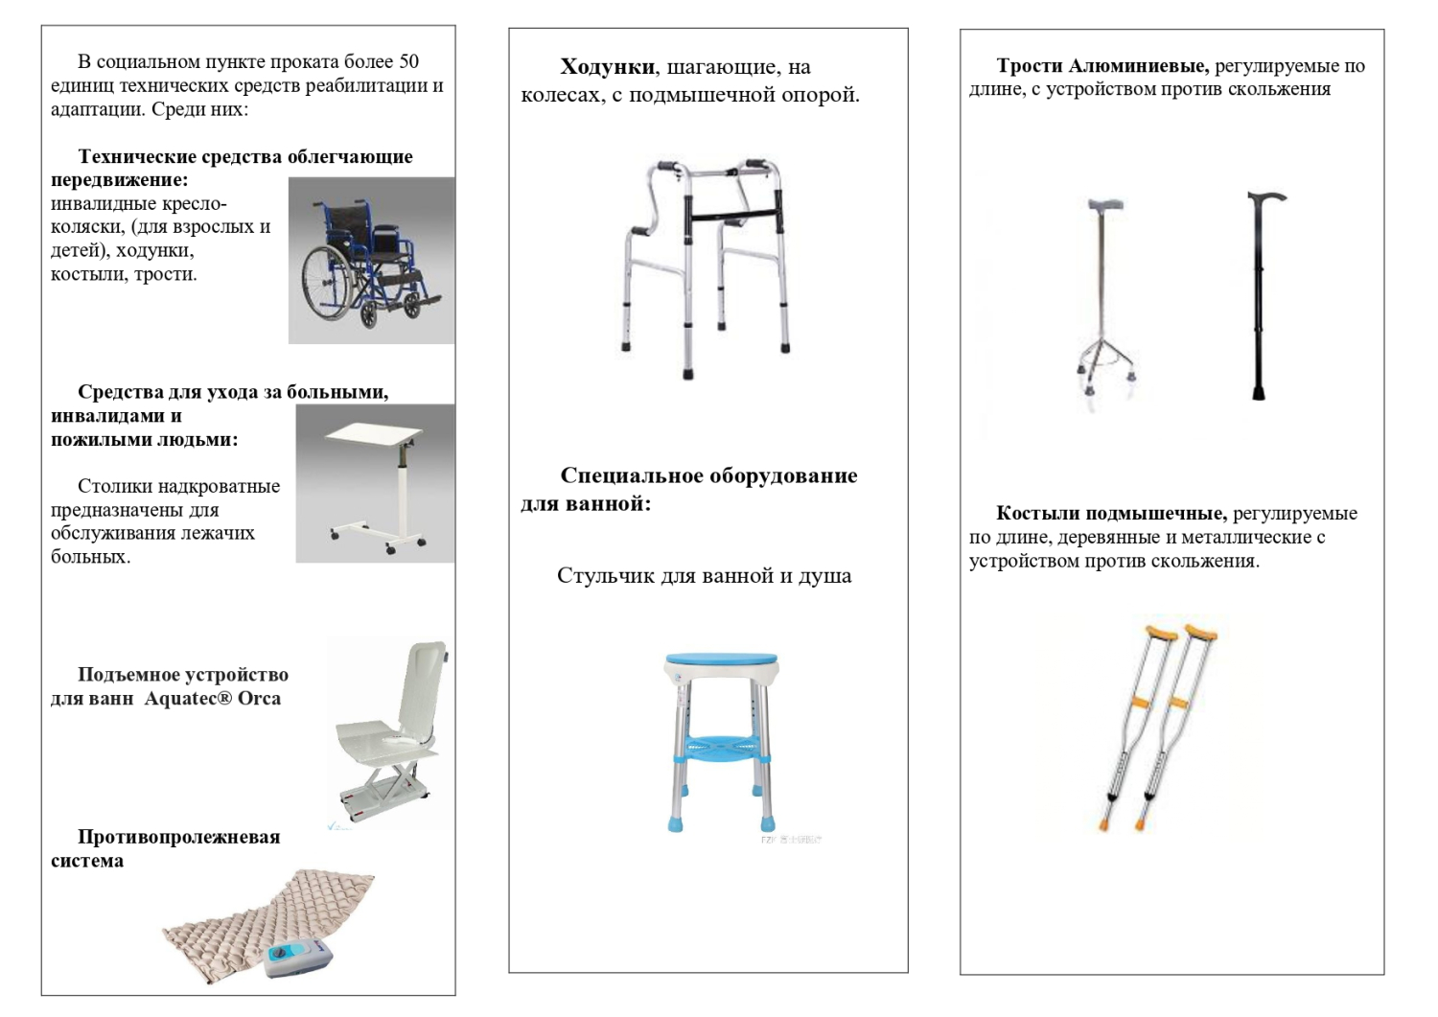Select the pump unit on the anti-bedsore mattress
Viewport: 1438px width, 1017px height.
pyautogui.click(x=298, y=958)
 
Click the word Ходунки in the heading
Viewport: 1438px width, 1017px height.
pyautogui.click(x=608, y=67)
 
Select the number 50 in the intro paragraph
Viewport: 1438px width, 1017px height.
pyautogui.click(x=408, y=61)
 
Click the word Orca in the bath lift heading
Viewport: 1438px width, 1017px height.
pyautogui.click(x=259, y=699)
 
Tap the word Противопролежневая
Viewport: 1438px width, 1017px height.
pyautogui.click(x=178, y=837)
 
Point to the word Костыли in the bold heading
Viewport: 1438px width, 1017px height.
pyautogui.click(x=1038, y=514)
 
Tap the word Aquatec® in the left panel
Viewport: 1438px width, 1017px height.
pyautogui.click(x=188, y=699)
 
